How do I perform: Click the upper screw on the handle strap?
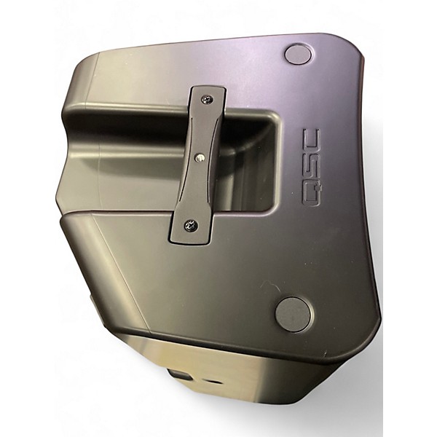pyautogui.click(x=207, y=98)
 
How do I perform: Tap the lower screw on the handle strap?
pyautogui.click(x=190, y=224)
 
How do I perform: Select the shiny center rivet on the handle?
pyautogui.click(x=199, y=157)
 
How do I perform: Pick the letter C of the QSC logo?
pyautogui.click(x=311, y=141)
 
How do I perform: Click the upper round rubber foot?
pyautogui.click(x=298, y=53)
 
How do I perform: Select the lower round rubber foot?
pyautogui.click(x=293, y=315)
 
